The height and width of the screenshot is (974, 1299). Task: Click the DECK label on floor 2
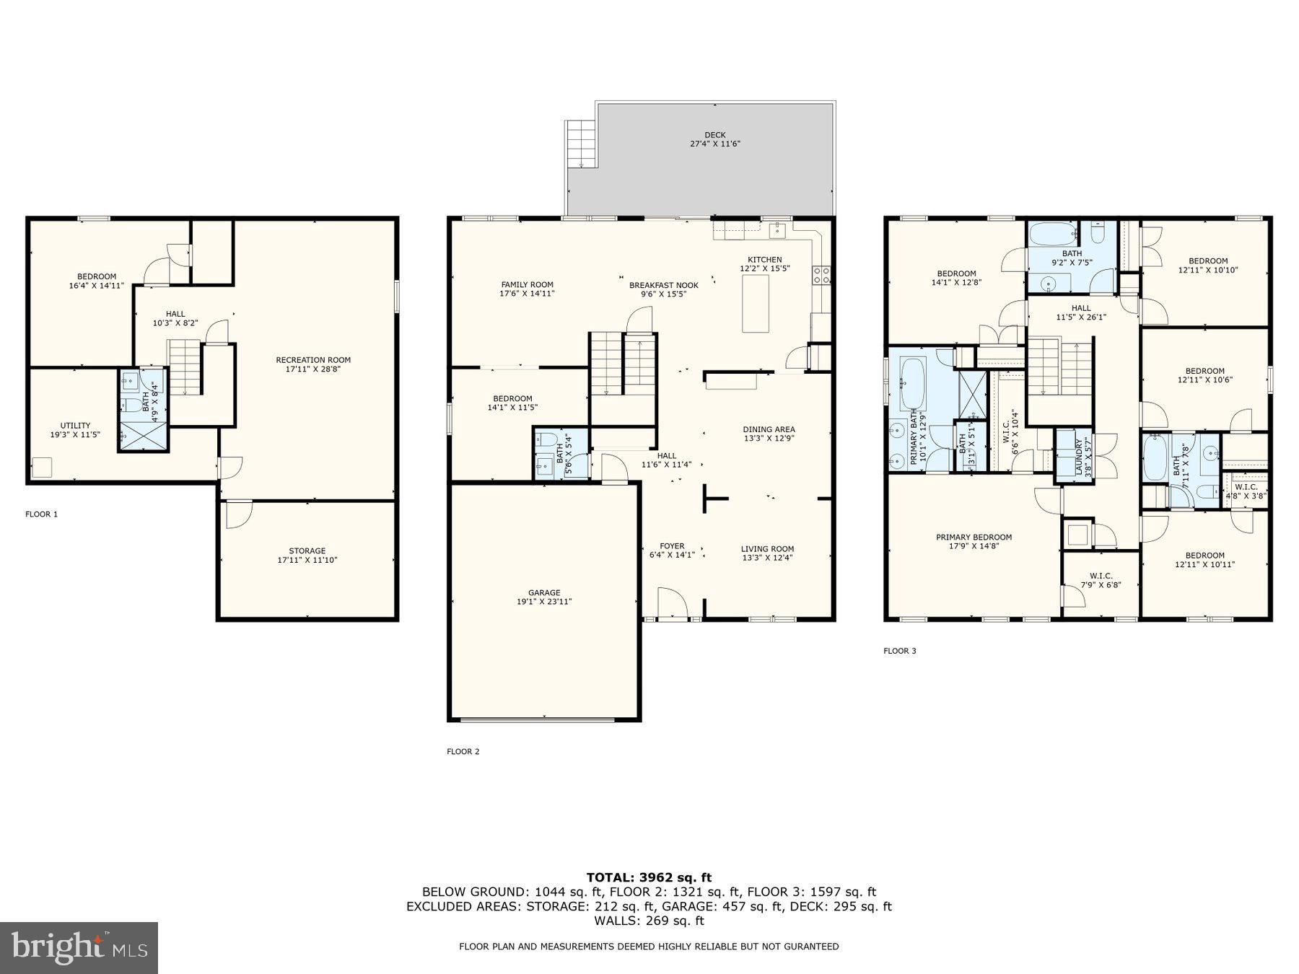click(x=714, y=139)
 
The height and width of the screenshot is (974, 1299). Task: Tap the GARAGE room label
click(x=543, y=597)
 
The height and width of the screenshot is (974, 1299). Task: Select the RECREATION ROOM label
click(x=313, y=364)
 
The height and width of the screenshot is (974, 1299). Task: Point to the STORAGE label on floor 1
click(x=307, y=555)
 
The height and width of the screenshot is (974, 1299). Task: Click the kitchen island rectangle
click(x=756, y=303)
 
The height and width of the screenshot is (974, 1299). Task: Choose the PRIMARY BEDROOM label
click(x=974, y=541)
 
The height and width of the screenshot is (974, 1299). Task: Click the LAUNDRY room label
click(x=1083, y=455)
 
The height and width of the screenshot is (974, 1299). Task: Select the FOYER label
click(x=672, y=550)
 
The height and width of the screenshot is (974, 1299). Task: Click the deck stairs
click(x=581, y=143)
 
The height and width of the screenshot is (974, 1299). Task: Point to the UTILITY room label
click(x=75, y=430)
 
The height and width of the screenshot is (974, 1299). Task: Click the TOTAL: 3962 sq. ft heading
click(x=649, y=877)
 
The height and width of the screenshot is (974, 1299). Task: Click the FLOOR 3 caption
click(x=899, y=651)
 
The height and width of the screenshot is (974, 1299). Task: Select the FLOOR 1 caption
click(x=41, y=514)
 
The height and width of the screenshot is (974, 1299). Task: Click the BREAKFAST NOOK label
click(x=663, y=289)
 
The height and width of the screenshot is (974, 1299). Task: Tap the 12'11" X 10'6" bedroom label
click(x=1204, y=375)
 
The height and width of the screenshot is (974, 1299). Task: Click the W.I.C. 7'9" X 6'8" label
click(x=1101, y=580)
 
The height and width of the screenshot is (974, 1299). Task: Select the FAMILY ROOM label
click(x=527, y=289)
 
